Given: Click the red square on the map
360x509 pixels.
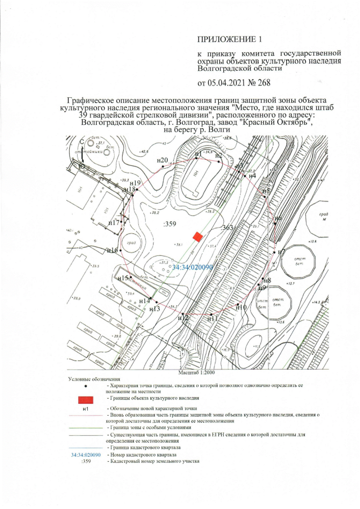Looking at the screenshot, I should point(197,237).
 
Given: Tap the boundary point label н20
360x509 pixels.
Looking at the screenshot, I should point(163,160).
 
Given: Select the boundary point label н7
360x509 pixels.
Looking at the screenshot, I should point(282,251).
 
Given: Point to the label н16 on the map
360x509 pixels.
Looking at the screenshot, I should point(112,250).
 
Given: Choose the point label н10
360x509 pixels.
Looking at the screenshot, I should point(241,307).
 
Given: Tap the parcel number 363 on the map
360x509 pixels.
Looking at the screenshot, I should point(228,227).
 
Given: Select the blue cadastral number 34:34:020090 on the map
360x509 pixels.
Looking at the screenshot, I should point(192,268).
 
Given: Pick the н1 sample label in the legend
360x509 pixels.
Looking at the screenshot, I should point(85,408).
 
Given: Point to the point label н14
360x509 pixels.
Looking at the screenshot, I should point(144,301).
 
